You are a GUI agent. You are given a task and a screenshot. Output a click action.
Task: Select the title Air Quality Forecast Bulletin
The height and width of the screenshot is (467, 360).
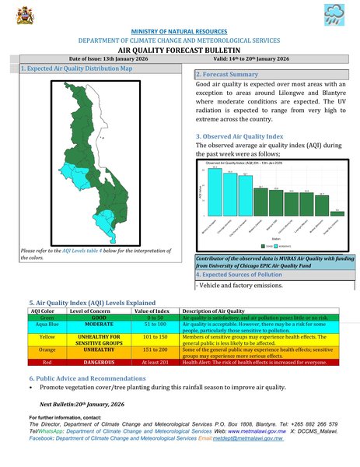click(180, 48)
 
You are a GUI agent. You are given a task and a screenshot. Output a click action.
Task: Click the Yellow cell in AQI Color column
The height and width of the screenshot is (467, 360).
click(46, 338)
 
